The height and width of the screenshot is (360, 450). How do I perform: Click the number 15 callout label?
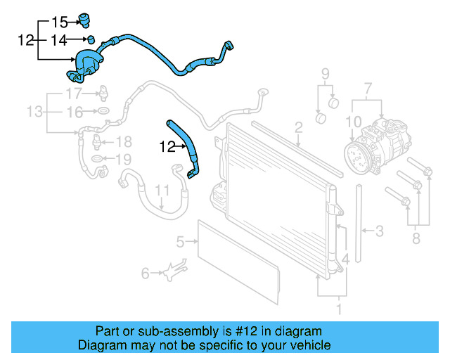[62, 21]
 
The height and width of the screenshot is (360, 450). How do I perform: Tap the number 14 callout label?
[62, 41]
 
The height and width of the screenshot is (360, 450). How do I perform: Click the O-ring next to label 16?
[103, 112]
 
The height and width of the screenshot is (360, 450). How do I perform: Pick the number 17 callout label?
[75, 94]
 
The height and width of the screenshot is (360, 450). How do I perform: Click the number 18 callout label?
[123, 141]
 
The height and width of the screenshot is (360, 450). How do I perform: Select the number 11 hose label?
[162, 191]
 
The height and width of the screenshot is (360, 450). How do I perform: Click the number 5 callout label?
[180, 243]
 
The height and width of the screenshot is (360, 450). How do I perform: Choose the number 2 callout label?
[298, 127]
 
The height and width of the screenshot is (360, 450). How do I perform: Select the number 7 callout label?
[366, 89]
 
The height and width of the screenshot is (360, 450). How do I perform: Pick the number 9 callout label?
[325, 75]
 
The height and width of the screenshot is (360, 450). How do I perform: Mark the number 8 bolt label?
[416, 240]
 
